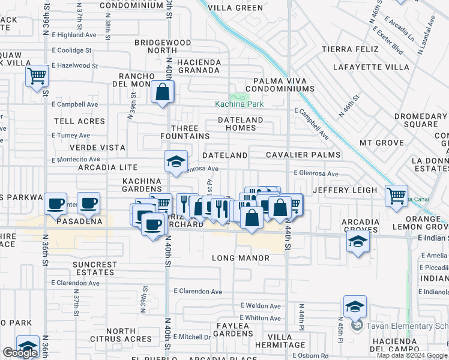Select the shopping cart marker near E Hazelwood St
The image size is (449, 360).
click(x=37, y=77)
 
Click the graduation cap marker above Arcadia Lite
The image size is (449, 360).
click(x=176, y=161)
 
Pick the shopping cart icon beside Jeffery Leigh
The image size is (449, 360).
click(x=396, y=196)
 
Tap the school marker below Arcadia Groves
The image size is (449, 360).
click(x=357, y=242)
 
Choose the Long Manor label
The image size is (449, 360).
click(x=240, y=258)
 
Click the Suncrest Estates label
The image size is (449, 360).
click(x=95, y=268)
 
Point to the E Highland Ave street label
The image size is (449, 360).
click(x=74, y=35)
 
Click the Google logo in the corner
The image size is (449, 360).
click(x=20, y=353)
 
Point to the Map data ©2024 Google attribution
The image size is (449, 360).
click(x=412, y=355)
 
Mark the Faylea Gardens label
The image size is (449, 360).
click(x=233, y=329)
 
